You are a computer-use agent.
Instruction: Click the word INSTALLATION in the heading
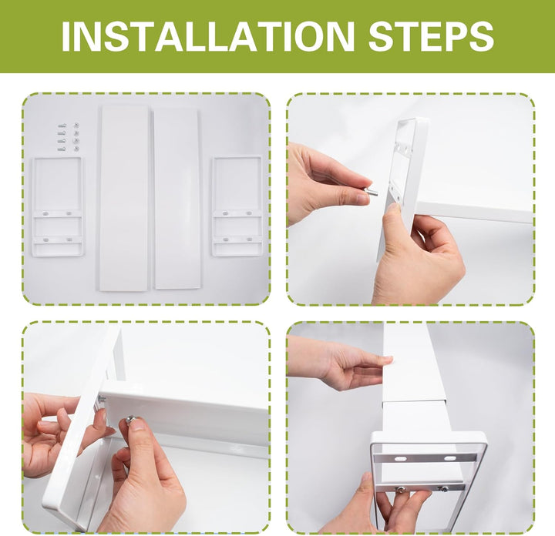pos(208,36)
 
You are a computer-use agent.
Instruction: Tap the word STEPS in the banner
pos(431,36)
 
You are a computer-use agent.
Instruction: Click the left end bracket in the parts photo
pos(58,206)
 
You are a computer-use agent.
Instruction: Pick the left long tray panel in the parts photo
pos(124,198)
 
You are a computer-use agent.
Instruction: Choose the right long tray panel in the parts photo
pos(177,198)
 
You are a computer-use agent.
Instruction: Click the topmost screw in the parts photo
pos(62,126)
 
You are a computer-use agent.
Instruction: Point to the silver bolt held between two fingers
pos(371,193)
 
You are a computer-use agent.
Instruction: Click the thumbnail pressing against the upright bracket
pos(392,209)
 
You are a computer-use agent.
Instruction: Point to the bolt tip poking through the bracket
pos(102,399)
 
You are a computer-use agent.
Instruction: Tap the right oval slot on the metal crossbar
pos(450,458)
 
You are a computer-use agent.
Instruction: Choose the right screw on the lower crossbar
pos(442,488)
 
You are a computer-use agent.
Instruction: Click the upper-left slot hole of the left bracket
pos(45,213)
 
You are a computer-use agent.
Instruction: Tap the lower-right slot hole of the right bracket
pos(249,240)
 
